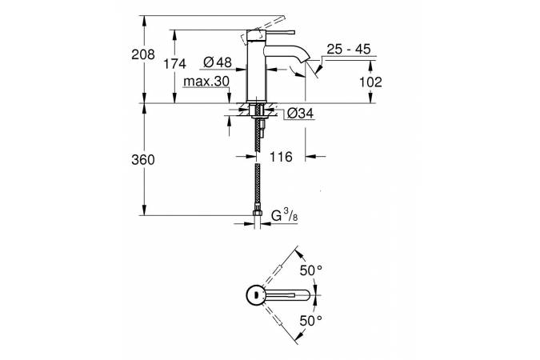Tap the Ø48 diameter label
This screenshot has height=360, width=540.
218,63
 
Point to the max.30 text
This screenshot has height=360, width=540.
206,82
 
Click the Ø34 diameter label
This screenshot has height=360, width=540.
299,113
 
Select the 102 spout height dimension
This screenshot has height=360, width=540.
372,82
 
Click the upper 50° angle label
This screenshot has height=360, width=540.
310,271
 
